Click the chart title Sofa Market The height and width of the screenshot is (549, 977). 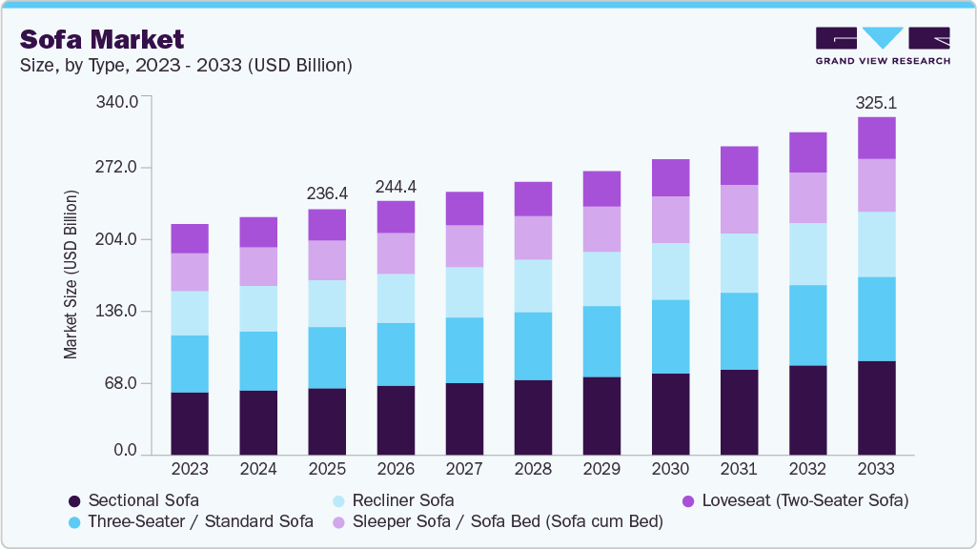(x=102, y=39)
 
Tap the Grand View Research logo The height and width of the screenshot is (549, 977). (x=882, y=45)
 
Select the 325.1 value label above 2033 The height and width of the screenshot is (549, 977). (x=876, y=102)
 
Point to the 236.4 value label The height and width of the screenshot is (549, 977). (x=327, y=193)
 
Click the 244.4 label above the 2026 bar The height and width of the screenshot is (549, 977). (x=396, y=186)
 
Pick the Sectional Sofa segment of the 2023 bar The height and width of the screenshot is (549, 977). (x=190, y=423)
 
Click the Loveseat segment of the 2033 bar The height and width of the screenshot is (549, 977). (x=876, y=138)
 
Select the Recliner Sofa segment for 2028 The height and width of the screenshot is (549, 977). (x=533, y=286)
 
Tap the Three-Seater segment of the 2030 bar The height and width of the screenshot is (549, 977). (x=670, y=336)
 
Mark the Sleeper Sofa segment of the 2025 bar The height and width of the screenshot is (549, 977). (x=327, y=260)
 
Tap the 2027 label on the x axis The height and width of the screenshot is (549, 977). (x=464, y=469)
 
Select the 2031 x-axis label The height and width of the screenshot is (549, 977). (x=739, y=469)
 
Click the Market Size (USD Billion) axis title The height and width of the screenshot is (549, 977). (x=71, y=274)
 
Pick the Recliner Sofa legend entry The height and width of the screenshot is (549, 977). (x=402, y=500)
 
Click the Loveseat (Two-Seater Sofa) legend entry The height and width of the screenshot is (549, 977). (x=804, y=500)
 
